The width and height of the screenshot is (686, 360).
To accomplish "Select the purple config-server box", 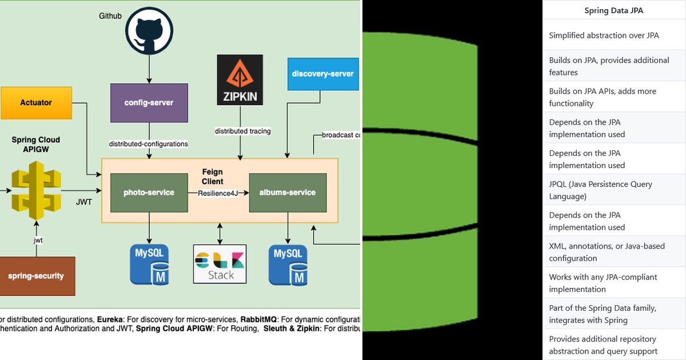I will pyautogui.click(x=149, y=103).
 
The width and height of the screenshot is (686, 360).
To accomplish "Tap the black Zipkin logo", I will pyautogui.click(x=240, y=80).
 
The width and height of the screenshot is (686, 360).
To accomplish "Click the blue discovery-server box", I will pyautogui.click(x=322, y=74).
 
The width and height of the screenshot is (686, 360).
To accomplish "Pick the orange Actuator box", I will pyautogui.click(x=36, y=103).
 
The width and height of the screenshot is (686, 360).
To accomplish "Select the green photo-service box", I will pyautogui.click(x=149, y=193).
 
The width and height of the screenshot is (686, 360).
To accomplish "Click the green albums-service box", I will pyautogui.click(x=288, y=193).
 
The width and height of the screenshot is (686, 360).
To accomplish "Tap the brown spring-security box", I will pyautogui.click(x=36, y=276).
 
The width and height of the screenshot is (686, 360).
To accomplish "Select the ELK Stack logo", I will pyautogui.click(x=220, y=264).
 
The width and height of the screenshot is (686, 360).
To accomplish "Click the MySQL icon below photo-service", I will pyautogui.click(x=149, y=265).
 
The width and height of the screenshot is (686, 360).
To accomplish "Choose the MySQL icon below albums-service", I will pyautogui.click(x=288, y=265).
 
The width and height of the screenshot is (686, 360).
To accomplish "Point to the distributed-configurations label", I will pyautogui.click(x=148, y=144).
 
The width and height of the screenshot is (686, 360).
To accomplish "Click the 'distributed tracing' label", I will pyautogui.click(x=242, y=131).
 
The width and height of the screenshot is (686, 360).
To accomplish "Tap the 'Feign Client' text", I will pyautogui.click(x=212, y=177).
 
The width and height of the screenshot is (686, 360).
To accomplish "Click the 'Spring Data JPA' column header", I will pyautogui.click(x=614, y=10).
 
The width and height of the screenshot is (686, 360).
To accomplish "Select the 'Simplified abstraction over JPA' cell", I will pyautogui.click(x=604, y=35).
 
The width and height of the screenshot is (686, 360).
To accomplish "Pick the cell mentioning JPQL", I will pyautogui.click(x=600, y=190).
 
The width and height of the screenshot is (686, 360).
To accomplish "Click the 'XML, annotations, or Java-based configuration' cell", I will pyautogui.click(x=607, y=252).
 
